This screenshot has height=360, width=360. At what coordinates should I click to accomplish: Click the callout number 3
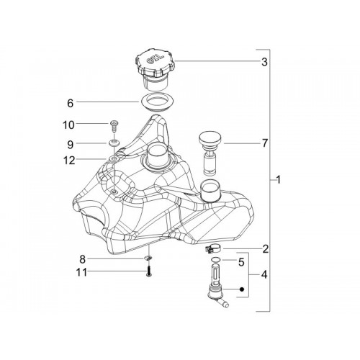(x=264, y=62)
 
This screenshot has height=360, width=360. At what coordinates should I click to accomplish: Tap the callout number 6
(x=70, y=103)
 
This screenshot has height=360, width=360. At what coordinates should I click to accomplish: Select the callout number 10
(x=68, y=125)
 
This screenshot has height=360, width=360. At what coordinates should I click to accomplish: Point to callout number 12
(x=69, y=161)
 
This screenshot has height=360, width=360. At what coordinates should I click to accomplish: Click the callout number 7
(x=264, y=143)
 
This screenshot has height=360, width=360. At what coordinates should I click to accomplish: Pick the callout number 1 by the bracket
(x=279, y=179)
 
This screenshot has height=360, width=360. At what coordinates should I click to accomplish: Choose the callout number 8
(x=82, y=259)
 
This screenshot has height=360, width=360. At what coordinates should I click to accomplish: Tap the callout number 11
(x=81, y=272)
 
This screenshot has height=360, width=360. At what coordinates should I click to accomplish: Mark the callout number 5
(x=241, y=262)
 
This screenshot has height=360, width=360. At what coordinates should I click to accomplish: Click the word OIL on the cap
(x=155, y=58)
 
